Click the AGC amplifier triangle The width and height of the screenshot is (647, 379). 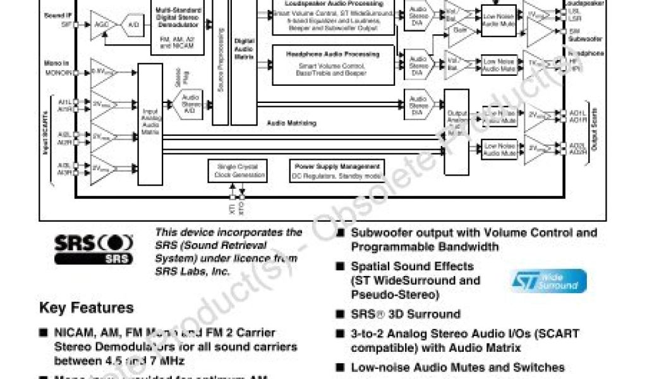100,24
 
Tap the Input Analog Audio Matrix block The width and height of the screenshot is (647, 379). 150,124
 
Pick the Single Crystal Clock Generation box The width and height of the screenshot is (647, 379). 233,170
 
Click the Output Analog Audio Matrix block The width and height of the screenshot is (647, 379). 456,131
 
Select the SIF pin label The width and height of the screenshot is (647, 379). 66,25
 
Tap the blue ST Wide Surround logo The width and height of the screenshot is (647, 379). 548,281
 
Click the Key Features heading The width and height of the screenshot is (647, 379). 87,308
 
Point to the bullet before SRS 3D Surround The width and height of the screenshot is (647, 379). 341,314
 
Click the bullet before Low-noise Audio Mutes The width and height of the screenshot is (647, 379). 341,367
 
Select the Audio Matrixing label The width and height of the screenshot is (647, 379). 291,123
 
